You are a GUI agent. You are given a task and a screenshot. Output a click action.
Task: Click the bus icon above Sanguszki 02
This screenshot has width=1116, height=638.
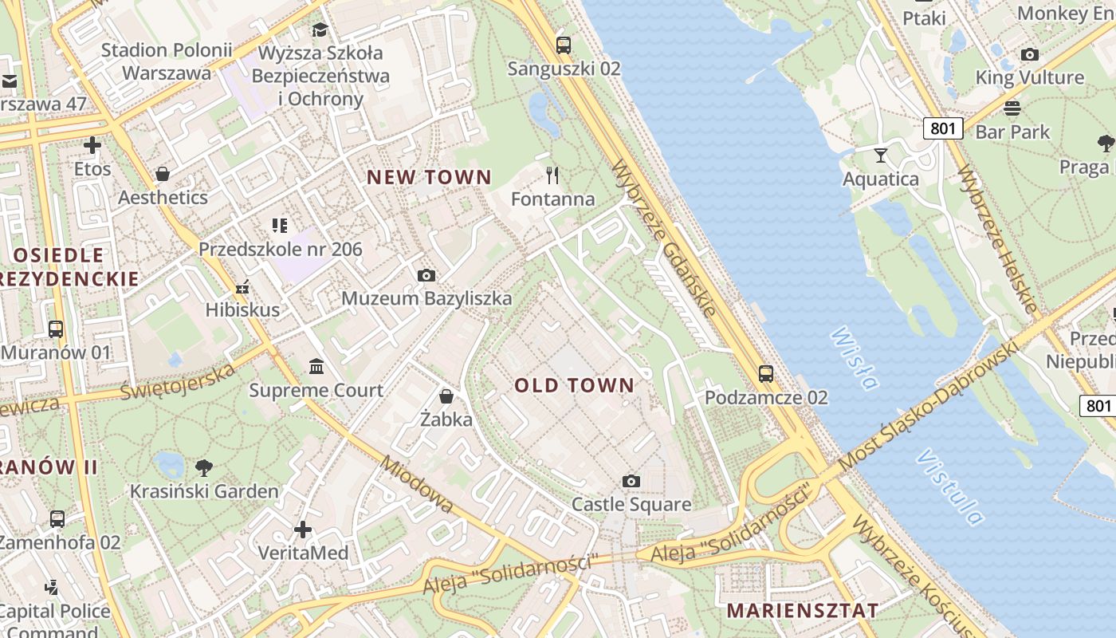(x=564, y=45)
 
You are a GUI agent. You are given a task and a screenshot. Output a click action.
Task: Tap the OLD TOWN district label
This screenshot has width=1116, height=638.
(x=575, y=386)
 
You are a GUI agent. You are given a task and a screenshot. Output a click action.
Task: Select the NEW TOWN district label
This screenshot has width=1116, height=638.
(x=429, y=178)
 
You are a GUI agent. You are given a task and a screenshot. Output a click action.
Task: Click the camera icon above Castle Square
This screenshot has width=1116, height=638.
(x=631, y=481)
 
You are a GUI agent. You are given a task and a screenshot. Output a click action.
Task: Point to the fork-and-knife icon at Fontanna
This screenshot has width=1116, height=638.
(x=552, y=175)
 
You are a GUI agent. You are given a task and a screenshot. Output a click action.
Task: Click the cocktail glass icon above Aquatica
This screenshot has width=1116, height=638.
(x=881, y=155)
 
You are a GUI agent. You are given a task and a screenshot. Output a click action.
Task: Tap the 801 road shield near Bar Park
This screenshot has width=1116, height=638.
(x=944, y=128)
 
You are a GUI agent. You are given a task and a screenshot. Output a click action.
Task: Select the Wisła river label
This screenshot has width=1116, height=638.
(x=854, y=358)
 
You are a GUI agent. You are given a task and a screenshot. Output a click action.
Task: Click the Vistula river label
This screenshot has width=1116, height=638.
(x=949, y=487)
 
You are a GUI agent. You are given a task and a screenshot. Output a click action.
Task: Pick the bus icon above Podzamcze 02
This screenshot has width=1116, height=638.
(x=765, y=373)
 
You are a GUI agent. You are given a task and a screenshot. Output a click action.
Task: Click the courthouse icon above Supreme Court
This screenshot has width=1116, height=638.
(x=316, y=367)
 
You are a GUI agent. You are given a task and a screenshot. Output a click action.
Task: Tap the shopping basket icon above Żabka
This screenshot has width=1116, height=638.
(x=446, y=396)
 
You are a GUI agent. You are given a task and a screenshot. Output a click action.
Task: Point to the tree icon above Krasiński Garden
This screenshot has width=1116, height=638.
(x=204, y=467)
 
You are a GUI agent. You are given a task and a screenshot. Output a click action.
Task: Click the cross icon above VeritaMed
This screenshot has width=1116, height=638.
(x=303, y=529)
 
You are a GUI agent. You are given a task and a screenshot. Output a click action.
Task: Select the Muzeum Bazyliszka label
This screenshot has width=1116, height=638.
(x=426, y=298)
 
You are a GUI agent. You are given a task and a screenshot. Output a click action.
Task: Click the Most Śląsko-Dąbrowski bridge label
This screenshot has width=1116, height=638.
(x=929, y=405)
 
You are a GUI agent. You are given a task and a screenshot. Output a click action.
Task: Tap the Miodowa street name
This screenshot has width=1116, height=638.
(x=417, y=484)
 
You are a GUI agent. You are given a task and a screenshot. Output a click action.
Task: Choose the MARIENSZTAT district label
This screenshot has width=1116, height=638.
(x=803, y=611)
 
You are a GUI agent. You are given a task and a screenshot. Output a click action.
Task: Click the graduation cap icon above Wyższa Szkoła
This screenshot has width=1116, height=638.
(x=320, y=30)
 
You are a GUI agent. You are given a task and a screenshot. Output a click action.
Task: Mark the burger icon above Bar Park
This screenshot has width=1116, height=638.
(x=1012, y=108)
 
